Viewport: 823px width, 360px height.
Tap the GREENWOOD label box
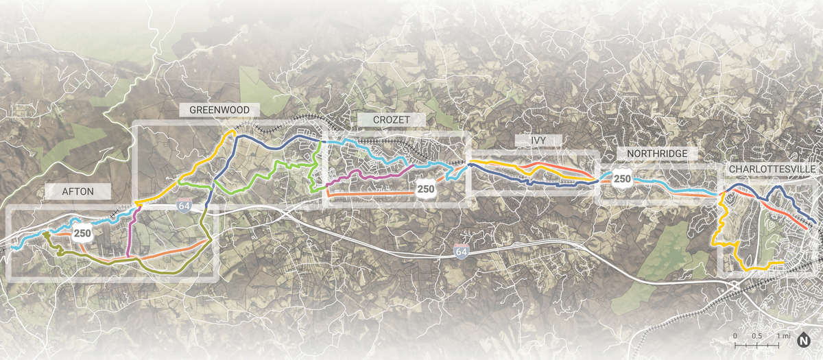(219, 110)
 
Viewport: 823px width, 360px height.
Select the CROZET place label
(392, 119)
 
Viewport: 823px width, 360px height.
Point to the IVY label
(538, 140)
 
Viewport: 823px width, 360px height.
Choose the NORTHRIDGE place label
(652, 153)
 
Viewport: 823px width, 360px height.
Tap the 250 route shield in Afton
(83, 233)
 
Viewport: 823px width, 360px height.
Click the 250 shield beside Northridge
(622, 179)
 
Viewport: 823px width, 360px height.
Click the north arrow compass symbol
(804, 339)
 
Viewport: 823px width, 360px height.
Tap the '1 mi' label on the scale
(783, 336)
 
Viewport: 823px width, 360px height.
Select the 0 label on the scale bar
(735, 336)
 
